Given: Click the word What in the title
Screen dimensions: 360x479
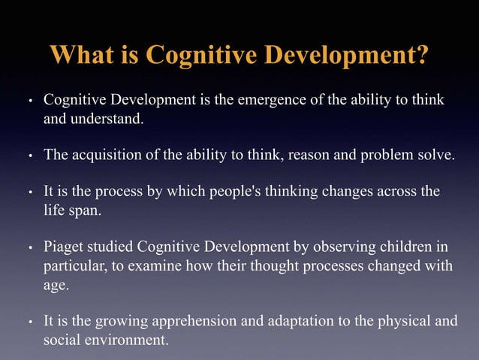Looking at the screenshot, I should pos(82,55).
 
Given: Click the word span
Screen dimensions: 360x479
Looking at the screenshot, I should pos(82,210).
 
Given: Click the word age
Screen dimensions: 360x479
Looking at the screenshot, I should pos(56,284).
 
